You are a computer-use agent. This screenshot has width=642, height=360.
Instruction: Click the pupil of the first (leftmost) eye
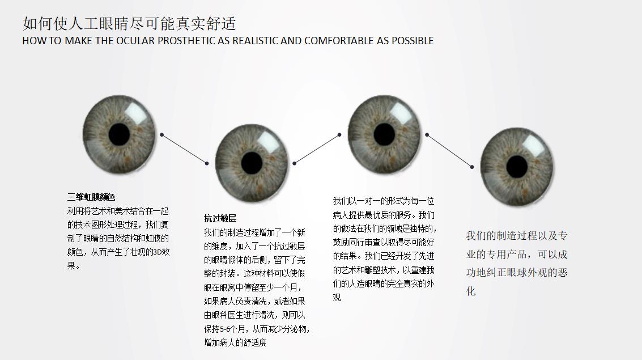click(119, 134)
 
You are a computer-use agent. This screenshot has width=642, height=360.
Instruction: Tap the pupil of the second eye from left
click(252, 163)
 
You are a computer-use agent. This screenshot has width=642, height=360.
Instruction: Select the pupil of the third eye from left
click(384, 134)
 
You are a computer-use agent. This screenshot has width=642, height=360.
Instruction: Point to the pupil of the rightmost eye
click(517, 167)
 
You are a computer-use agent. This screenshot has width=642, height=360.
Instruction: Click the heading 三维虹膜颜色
click(91, 197)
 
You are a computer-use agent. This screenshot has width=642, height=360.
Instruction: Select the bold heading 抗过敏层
click(220, 218)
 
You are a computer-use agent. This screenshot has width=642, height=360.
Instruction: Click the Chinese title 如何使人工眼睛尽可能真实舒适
click(129, 23)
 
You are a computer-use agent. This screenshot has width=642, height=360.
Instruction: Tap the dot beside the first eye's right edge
click(161, 134)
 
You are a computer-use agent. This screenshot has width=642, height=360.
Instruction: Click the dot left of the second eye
click(207, 163)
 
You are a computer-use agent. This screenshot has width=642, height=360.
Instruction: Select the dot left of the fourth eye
click(471, 167)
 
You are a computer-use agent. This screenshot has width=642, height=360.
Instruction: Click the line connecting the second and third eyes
click(317, 149)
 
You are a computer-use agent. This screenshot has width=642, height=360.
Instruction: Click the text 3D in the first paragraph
click(157, 252)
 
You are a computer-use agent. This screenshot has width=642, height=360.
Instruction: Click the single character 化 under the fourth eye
click(471, 291)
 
